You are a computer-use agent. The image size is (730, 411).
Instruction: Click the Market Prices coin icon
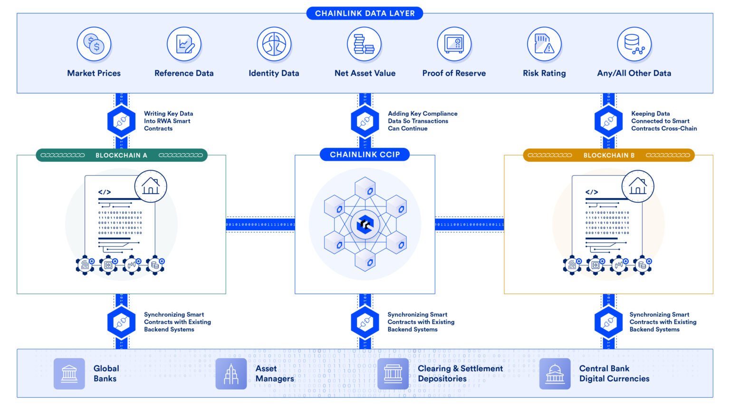pos(94,44)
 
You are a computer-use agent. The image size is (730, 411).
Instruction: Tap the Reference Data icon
pos(184,44)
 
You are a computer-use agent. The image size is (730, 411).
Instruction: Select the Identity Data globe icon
pos(274,44)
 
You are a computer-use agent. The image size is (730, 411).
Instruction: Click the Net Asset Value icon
pos(364,44)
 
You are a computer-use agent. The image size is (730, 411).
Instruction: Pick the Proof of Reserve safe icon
pos(454,44)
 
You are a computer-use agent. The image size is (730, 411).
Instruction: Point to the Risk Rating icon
pos(544,44)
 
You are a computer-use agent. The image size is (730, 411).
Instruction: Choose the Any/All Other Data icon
pos(634,44)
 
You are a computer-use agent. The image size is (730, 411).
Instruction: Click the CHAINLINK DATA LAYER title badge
pos(365,13)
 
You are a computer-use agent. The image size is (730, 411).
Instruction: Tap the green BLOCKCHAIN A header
pos(122,155)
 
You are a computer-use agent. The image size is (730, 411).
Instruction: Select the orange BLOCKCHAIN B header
pos(609,155)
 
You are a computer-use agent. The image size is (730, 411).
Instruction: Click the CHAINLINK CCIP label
pos(365,155)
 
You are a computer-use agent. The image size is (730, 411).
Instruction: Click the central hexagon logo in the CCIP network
pos(365,224)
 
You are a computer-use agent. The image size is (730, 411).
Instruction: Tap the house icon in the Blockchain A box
pos(151,186)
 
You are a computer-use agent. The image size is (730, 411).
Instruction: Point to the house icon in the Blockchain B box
pos(638,186)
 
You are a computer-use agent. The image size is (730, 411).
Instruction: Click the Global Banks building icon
pos(69,374)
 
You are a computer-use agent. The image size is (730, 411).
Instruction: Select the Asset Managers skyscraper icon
pos(231,374)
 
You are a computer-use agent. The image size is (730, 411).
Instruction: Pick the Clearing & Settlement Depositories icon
pos(393,374)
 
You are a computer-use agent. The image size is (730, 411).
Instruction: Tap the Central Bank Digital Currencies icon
pos(555,374)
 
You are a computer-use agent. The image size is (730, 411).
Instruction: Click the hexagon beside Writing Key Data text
pos(122,121)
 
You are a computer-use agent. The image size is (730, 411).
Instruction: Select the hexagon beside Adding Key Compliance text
pos(365,121)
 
